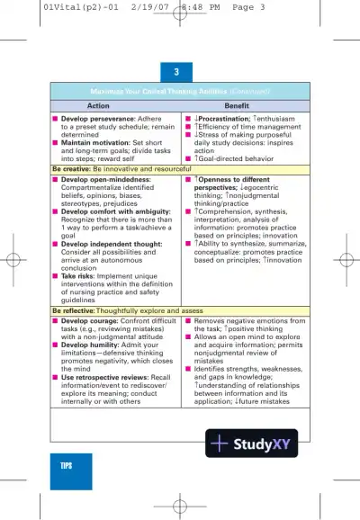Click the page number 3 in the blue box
[176, 71]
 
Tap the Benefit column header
[237, 105]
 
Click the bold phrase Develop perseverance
[96, 118]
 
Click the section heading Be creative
[71, 168]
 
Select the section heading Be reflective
[74, 310]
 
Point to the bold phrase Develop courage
[89, 319]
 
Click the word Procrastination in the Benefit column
[223, 118]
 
